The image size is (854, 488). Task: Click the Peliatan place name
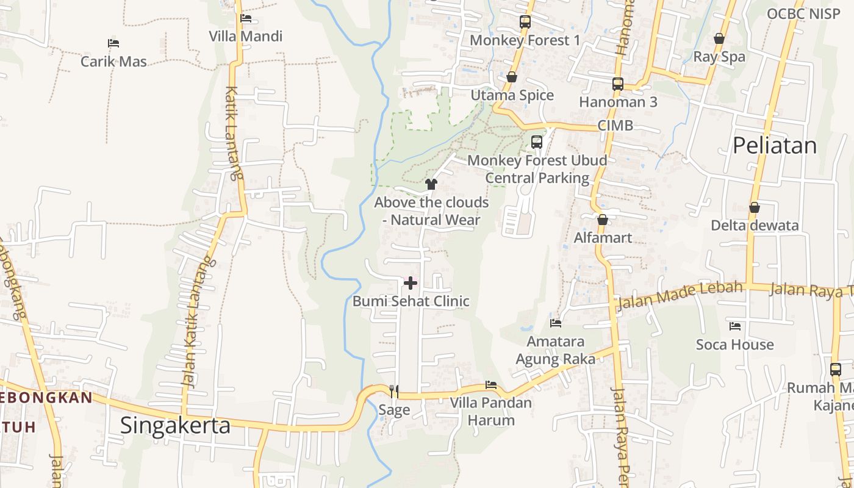tap(774, 145)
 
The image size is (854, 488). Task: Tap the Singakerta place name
tap(175, 425)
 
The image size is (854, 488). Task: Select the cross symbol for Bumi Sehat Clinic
tap(411, 283)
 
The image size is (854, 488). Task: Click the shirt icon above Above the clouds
tap(431, 184)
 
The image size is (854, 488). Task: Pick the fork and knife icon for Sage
tap(394, 391)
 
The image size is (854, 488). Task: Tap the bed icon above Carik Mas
tap(113, 43)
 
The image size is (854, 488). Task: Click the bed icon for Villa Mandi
tap(246, 18)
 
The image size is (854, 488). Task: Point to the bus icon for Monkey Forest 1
tap(525, 23)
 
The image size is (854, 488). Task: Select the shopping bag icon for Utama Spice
tap(512, 77)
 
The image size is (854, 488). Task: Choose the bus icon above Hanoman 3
tap(618, 84)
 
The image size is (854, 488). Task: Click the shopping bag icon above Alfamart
tap(603, 220)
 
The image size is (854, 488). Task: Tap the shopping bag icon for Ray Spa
tap(719, 38)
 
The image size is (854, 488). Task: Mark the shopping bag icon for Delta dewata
tap(755, 207)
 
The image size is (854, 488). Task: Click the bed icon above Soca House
tap(735, 326)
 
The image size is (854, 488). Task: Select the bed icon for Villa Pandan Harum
tap(490, 385)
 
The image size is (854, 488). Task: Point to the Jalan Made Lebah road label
tap(680, 295)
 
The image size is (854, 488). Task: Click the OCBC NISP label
tap(803, 14)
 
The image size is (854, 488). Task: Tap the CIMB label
tap(615, 126)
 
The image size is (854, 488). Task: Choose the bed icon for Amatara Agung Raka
tap(555, 323)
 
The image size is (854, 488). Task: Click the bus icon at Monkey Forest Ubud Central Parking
tap(537, 142)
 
